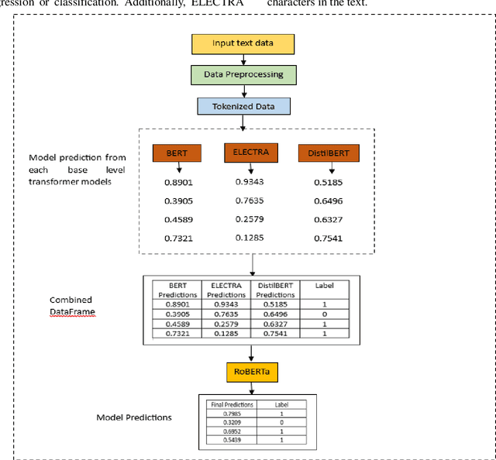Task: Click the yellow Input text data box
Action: click(x=243, y=43)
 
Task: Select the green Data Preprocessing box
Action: click(x=243, y=75)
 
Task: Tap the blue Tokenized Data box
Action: click(x=243, y=106)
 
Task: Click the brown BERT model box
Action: click(x=176, y=153)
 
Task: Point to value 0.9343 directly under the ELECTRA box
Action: click(x=250, y=181)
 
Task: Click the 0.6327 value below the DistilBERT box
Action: click(x=329, y=218)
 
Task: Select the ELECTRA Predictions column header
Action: click(x=226, y=290)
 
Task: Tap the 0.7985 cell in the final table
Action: click(x=228, y=414)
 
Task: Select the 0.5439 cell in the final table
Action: click(x=228, y=440)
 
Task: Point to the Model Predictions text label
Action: click(x=133, y=417)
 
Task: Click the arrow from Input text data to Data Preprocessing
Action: click(x=243, y=60)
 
